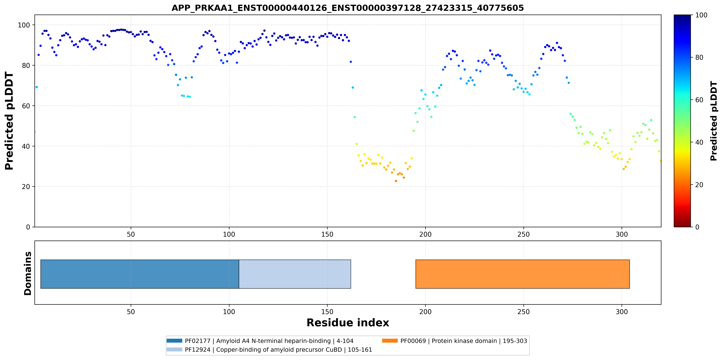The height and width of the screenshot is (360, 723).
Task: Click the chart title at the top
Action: tap(347, 8)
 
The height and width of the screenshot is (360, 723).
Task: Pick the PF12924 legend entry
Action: tap(269, 350)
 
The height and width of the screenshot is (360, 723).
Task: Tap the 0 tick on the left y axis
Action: tap(28, 227)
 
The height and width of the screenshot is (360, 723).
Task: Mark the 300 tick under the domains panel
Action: tap(622, 312)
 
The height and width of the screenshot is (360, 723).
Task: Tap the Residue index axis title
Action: tap(348, 323)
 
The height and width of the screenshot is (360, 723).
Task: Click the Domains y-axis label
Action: tap(28, 273)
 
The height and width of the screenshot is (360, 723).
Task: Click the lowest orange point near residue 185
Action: tap(396, 181)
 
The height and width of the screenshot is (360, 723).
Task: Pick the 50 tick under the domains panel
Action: tap(131, 312)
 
